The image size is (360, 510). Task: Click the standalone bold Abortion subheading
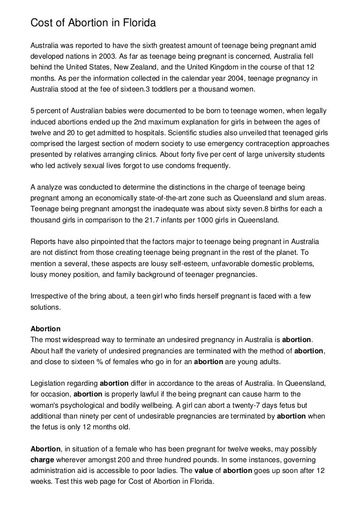(x=45, y=329)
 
